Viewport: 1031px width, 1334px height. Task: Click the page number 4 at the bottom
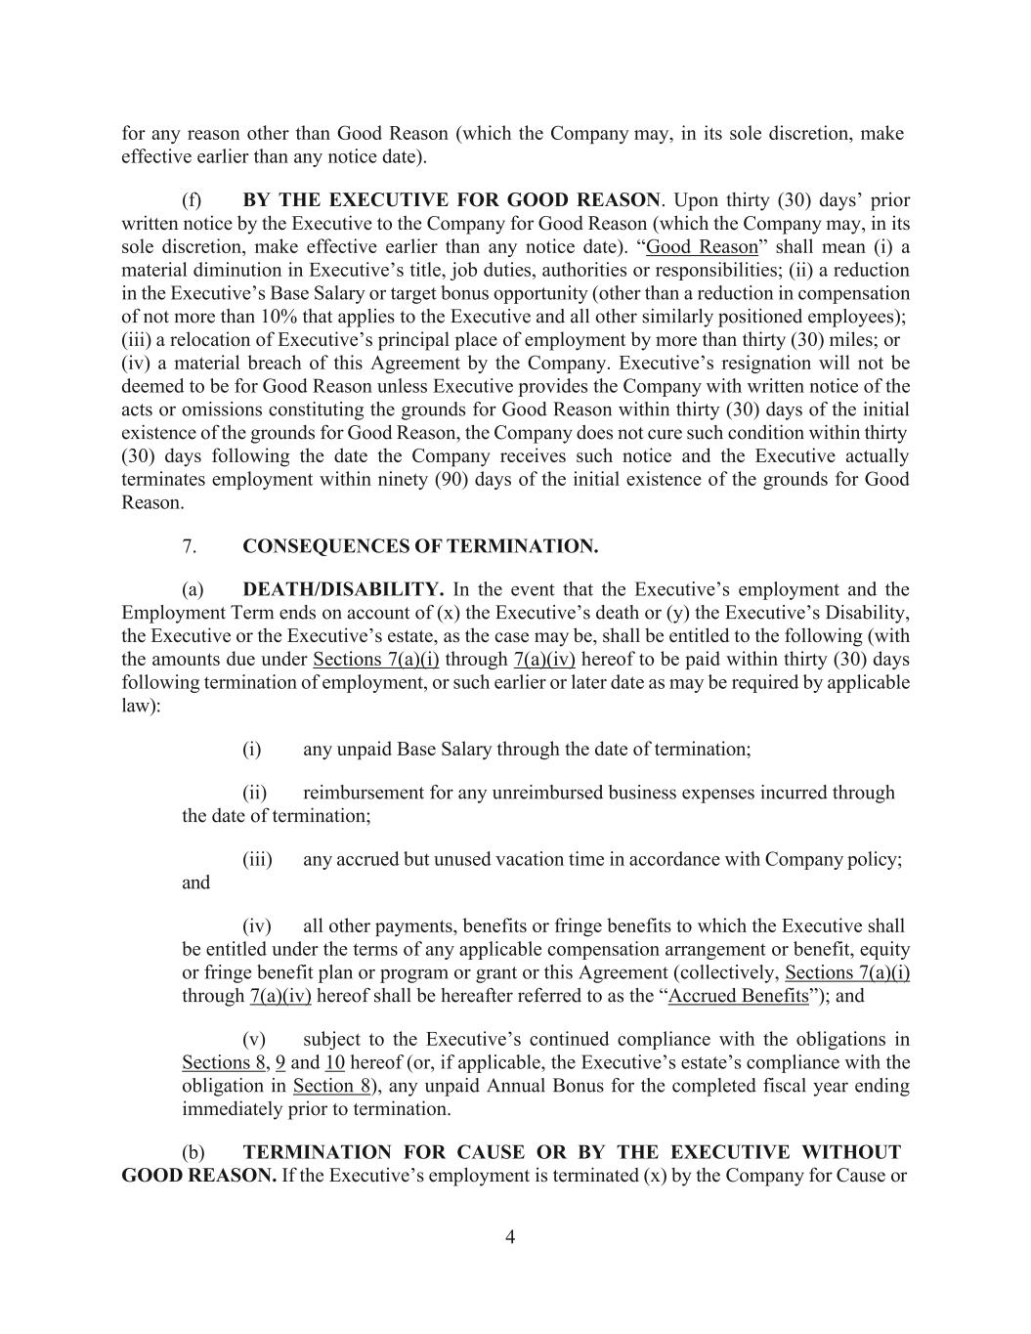510,1237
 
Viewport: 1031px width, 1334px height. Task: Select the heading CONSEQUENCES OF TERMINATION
420,546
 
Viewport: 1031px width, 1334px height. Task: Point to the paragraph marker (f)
192,200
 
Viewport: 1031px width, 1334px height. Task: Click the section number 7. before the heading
190,546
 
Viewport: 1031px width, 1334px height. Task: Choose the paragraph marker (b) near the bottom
193,1152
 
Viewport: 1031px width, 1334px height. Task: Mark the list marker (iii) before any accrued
257,859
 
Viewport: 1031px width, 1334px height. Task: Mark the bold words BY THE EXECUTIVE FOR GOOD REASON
451,200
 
